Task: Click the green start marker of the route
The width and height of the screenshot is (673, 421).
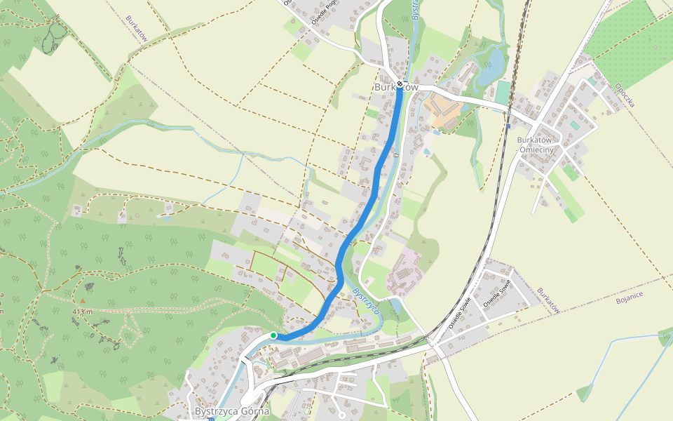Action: (273, 335)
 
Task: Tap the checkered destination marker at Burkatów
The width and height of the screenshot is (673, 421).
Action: (400, 84)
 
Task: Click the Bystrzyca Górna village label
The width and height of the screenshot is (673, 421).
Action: (231, 411)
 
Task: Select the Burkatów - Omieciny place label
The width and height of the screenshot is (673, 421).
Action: (535, 145)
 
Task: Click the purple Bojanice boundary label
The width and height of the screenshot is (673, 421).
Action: (610, 300)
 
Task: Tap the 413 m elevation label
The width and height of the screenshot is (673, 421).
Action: (82, 312)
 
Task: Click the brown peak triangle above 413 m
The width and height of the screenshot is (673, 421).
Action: (82, 301)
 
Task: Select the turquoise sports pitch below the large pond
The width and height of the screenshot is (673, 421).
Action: (504, 91)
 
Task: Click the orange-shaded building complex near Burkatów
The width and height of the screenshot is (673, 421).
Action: (442, 111)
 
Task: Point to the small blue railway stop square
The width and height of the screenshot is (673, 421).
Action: (508, 127)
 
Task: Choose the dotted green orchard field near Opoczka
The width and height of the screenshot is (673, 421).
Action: (631, 42)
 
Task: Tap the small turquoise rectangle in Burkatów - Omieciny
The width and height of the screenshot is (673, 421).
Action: (575, 125)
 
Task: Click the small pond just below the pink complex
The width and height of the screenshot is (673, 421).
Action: (397, 306)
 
